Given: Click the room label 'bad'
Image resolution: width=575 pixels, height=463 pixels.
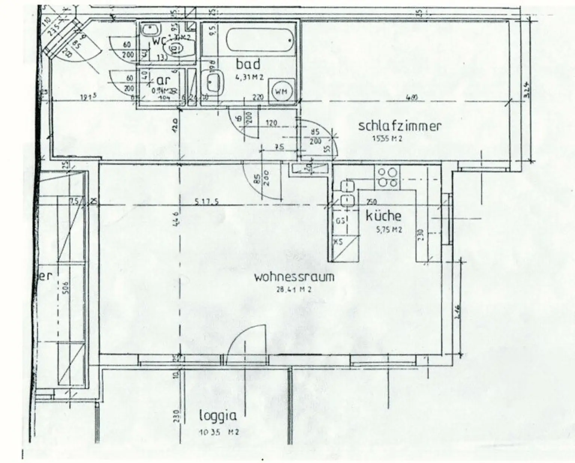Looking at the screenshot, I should tap(248, 64).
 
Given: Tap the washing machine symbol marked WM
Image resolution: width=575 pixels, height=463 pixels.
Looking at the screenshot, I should tap(282, 91).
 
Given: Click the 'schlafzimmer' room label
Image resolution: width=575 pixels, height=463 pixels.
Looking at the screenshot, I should tap(399, 126).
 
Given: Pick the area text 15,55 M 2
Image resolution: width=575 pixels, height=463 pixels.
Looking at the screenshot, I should tap(387, 138).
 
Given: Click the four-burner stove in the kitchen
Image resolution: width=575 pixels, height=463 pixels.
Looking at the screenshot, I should tap(387, 178).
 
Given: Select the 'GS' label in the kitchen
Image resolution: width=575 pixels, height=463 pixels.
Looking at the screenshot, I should tap(340, 221).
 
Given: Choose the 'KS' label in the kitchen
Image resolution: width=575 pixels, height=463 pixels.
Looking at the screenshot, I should tap(338, 242).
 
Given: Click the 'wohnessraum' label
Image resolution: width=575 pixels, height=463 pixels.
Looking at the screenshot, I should tap(294, 277).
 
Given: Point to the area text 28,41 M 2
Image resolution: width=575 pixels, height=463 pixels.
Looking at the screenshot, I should tap(294, 289).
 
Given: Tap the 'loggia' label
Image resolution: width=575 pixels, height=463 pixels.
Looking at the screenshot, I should tap(218, 416).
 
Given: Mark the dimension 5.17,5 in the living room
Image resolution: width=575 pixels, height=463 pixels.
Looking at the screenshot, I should tap(206, 202).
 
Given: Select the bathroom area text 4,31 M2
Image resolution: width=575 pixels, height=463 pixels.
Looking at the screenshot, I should tap(249, 78).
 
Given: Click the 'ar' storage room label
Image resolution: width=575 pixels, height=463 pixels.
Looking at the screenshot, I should tap(163, 80).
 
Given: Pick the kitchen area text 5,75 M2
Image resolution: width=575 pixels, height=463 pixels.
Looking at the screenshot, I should tap(389, 229).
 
